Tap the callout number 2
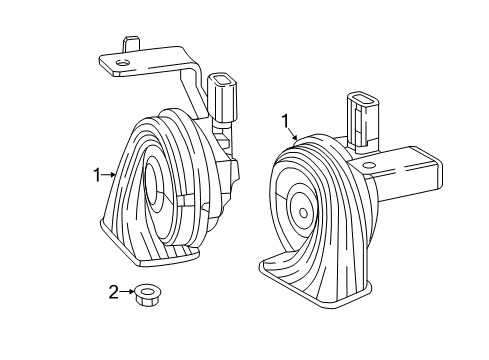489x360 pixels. pyautogui.click(x=114, y=292)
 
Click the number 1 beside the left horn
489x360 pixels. pyautogui.click(x=97, y=175)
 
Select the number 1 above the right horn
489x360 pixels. pyautogui.click(x=285, y=122)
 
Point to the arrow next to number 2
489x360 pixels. pyautogui.click(x=127, y=292)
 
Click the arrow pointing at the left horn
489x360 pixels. pyautogui.click(x=108, y=175)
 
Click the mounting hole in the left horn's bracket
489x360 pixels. pyautogui.click(x=122, y=62)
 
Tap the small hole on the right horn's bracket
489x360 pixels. pyautogui.click(x=368, y=165)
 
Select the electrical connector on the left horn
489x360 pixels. pyautogui.click(x=222, y=99)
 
